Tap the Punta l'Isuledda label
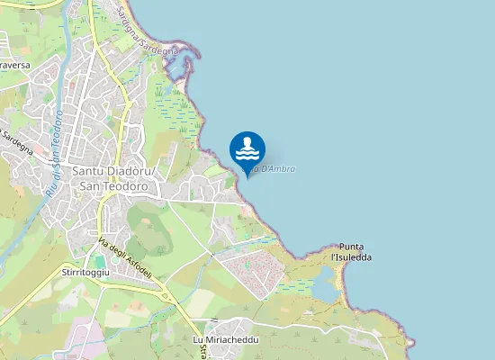pos(352,252)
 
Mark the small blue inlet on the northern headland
pos(188,64)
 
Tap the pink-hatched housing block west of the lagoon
pos(253,270)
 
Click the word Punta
pos(352,247)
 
